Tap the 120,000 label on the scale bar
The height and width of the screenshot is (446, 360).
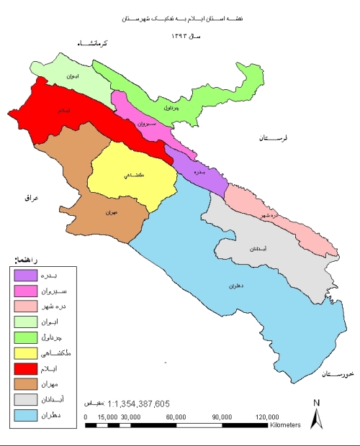(x=266, y=417)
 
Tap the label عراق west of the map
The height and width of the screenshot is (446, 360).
(x=29, y=196)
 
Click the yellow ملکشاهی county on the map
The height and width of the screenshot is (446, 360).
(x=133, y=176)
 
